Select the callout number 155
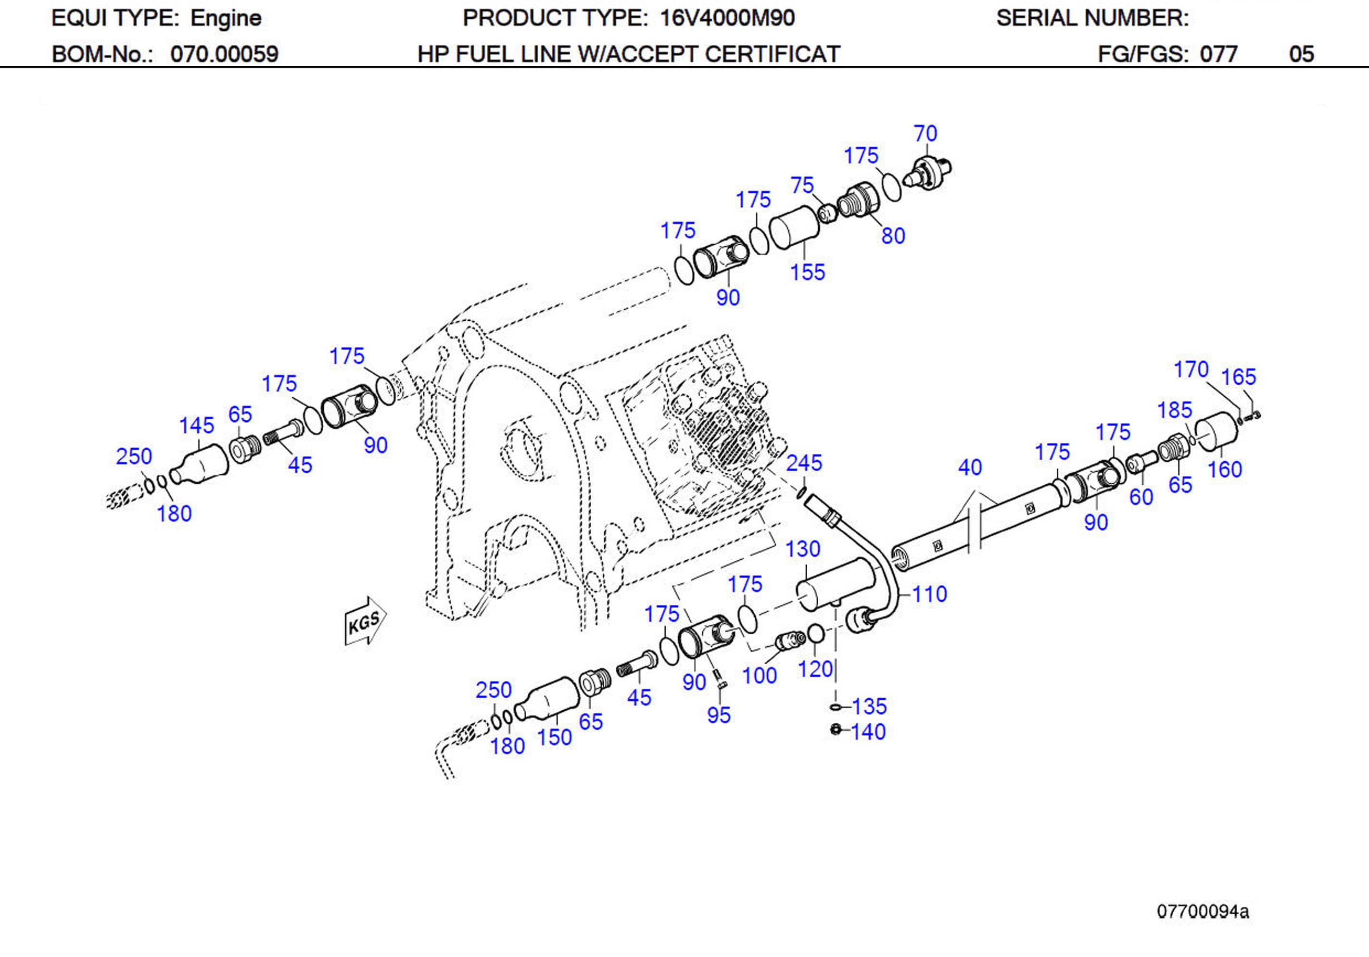807,273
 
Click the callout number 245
804,463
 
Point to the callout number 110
929,594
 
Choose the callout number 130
802,549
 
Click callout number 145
196,426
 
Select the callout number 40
970,467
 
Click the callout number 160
1225,470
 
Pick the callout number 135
869,706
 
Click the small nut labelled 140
836,730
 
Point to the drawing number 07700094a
1202,912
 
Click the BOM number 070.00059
224,54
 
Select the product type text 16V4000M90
727,18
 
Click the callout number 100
759,676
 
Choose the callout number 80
893,236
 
